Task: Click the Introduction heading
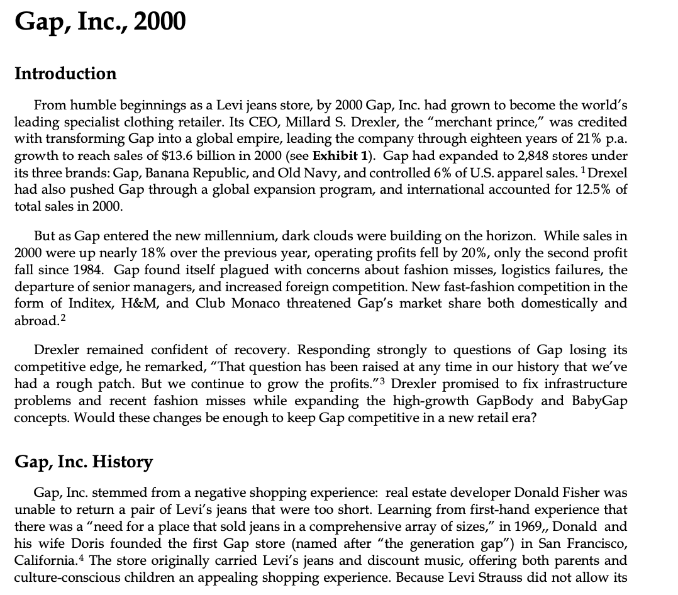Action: point(65,74)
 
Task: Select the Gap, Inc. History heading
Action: point(84,462)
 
